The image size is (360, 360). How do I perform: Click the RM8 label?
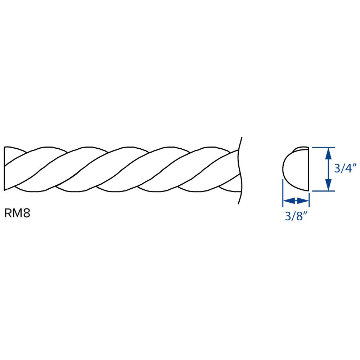pyautogui.click(x=17, y=213)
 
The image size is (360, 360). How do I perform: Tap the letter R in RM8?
pyautogui.click(x=8, y=213)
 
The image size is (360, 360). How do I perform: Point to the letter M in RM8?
pyautogui.click(x=17, y=213)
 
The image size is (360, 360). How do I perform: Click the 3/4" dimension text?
pyautogui.click(x=345, y=168)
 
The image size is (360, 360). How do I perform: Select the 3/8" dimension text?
pyautogui.click(x=296, y=216)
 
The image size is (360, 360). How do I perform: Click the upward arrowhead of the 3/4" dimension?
pyautogui.click(x=329, y=154)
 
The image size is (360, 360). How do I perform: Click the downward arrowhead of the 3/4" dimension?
pyautogui.click(x=329, y=184)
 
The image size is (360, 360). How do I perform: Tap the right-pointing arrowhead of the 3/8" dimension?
pyautogui.click(x=303, y=201)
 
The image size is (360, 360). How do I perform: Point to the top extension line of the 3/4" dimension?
pyautogui.click(x=323, y=147)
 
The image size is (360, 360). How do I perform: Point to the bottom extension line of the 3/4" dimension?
pyautogui.click(x=323, y=191)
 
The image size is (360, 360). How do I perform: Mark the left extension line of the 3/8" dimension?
pyautogui.click(x=283, y=193)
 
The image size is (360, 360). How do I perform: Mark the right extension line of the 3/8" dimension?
pyautogui.click(x=309, y=200)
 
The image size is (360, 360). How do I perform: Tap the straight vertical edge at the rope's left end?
pyautogui.click(x=4, y=168)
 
